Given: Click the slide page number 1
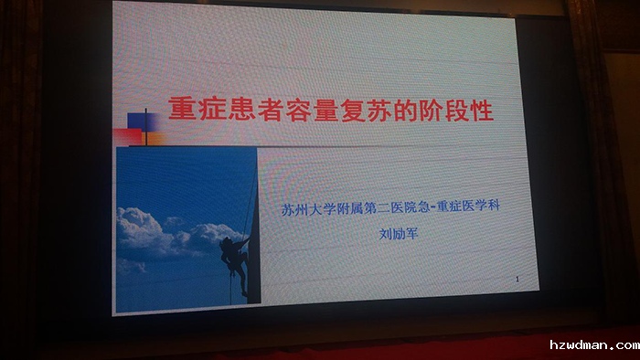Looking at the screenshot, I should point(517,279).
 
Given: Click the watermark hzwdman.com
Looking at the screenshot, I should point(594,344).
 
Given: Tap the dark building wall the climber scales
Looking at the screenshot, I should point(252,228).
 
